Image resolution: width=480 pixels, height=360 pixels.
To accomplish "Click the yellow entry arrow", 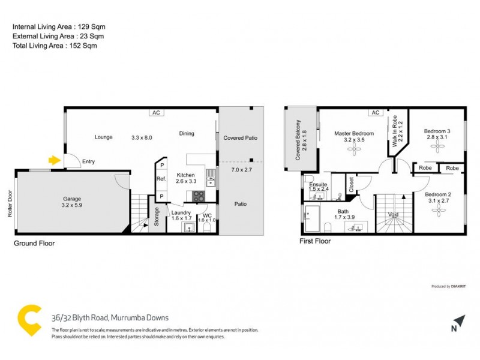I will point(54,160).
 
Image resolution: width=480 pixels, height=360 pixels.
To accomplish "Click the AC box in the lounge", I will point(155,112).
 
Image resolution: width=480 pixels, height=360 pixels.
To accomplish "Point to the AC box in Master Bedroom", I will point(376,112).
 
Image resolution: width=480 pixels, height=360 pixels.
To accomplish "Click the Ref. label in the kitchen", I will point(161,179).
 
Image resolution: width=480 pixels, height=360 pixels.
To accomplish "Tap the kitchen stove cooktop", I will point(198,196).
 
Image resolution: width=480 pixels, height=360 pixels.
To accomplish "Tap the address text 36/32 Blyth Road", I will point(109,318).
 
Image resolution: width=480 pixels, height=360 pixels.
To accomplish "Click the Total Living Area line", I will point(55,46).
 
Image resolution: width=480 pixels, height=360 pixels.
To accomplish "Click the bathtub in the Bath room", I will point(312,219).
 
